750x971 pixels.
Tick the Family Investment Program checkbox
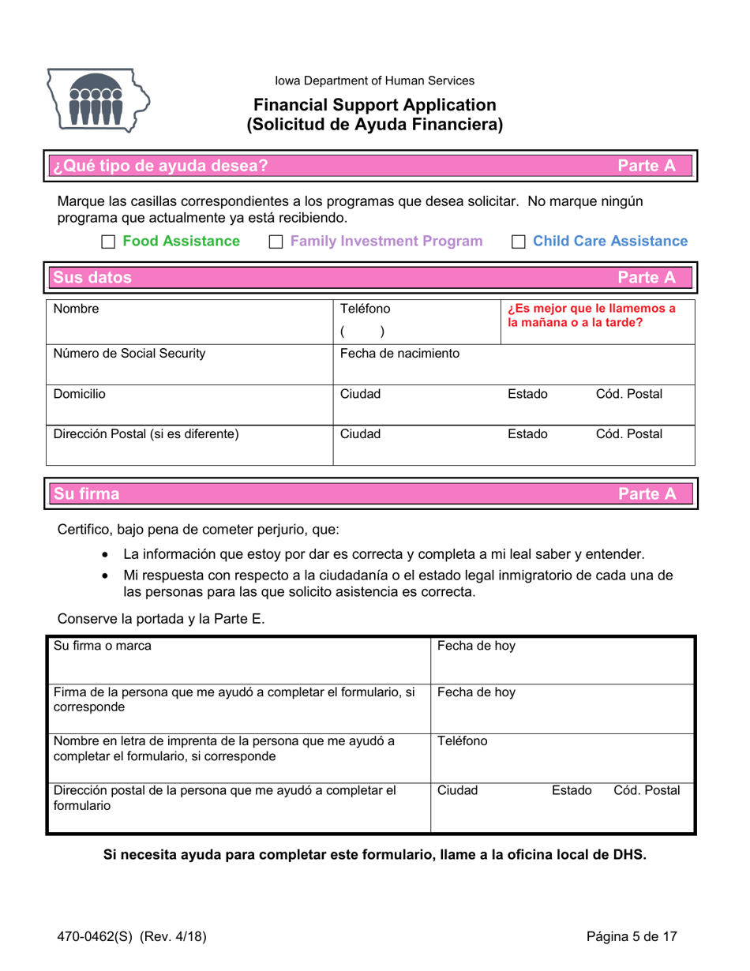click(276, 242)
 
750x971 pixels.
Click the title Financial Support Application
click(374, 104)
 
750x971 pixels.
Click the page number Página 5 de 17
click(632, 937)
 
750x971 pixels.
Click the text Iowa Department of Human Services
click(374, 81)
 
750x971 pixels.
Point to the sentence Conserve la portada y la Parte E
click(160, 620)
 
